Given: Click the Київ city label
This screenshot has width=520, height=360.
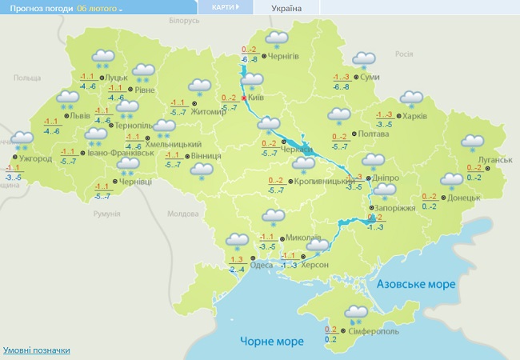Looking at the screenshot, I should point(257,97).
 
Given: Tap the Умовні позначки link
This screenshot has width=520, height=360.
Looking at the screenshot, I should point(37,350).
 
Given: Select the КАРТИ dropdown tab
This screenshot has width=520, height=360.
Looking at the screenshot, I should point(225,7).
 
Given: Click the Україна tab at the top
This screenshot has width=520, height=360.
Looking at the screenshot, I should point(286,8).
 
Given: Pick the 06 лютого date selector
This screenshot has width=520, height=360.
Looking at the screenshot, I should point(99,8).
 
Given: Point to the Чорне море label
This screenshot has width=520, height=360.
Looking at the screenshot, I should point(272,342).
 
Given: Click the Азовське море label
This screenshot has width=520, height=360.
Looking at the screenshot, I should point(415,284).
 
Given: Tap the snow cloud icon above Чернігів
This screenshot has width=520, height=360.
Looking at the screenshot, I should point(276,39).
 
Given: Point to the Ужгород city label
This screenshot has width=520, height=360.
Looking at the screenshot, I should point(35,158).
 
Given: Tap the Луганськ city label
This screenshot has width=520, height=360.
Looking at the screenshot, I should point(494,159).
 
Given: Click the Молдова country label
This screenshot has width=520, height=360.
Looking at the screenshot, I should point(182,214).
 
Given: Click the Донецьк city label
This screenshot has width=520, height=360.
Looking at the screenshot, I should point(463,198).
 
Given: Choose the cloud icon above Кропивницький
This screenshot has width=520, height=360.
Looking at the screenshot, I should point(303,165).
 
